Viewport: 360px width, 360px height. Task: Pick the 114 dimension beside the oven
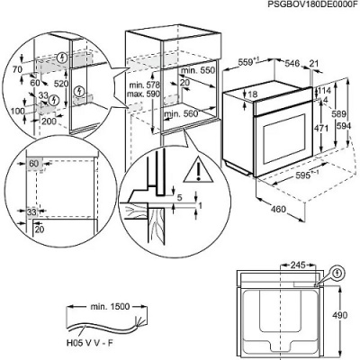point(328,91)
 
